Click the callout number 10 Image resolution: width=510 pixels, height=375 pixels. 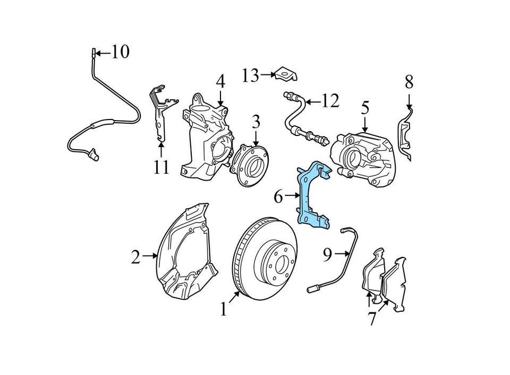point(120,52)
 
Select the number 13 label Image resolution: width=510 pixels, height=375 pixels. point(250,76)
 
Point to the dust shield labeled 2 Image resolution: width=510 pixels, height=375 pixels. point(186,250)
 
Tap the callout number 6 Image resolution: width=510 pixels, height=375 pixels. point(278,197)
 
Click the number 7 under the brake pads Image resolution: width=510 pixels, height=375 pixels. point(372,319)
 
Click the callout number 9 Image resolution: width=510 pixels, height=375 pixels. point(327,255)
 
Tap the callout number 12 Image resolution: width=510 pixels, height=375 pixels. point(330,100)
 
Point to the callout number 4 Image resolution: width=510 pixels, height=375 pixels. point(220,82)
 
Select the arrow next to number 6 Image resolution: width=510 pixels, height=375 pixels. point(293,196)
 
